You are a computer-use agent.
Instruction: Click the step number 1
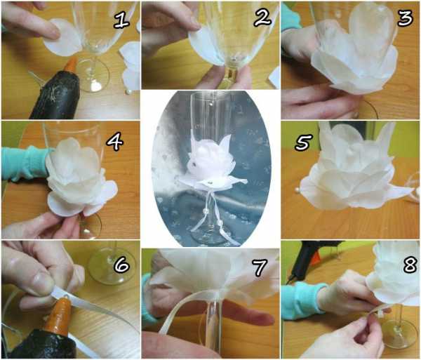121,20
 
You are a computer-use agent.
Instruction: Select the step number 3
405,18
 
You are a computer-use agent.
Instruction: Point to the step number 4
114,142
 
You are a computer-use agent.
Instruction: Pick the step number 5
304,142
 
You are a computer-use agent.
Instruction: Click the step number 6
121,264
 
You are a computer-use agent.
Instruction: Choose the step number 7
259,267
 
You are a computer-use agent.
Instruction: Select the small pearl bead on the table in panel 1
128,92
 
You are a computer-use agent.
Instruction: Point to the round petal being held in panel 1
62,38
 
